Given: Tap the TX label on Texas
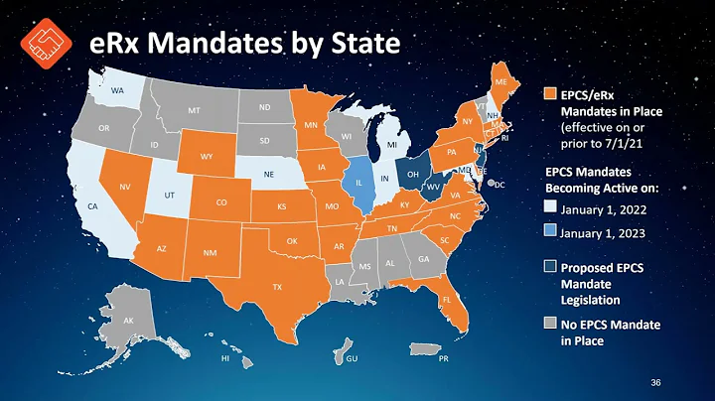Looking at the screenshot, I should [278, 286].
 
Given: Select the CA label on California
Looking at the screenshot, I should [91, 206].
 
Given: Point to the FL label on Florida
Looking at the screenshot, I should [447, 298].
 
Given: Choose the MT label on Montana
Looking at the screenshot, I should [194, 111].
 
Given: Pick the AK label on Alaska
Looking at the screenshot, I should [128, 321].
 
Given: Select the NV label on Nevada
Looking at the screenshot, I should [126, 187].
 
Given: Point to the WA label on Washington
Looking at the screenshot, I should [116, 91].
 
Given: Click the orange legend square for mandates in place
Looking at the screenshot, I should [550, 94].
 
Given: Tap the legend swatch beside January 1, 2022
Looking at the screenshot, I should [550, 209].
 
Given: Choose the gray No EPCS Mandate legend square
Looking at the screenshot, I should [550, 325].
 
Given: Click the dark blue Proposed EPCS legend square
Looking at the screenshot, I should [550, 267].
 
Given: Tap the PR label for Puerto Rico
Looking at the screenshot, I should [443, 357].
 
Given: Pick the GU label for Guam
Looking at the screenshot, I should [351, 357].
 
